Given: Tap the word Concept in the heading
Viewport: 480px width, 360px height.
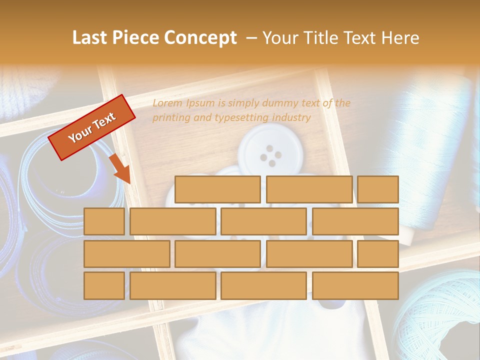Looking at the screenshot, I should [201, 38].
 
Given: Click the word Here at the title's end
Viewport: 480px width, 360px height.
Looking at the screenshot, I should [399, 38].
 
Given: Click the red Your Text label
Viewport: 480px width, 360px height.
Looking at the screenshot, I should [91, 127].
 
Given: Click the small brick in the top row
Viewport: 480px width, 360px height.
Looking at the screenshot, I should [377, 189].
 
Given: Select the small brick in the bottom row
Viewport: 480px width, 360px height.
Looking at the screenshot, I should [104, 285].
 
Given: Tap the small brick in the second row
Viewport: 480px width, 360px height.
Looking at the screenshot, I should [104, 221].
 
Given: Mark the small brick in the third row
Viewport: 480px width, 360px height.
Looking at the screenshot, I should [377, 253].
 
